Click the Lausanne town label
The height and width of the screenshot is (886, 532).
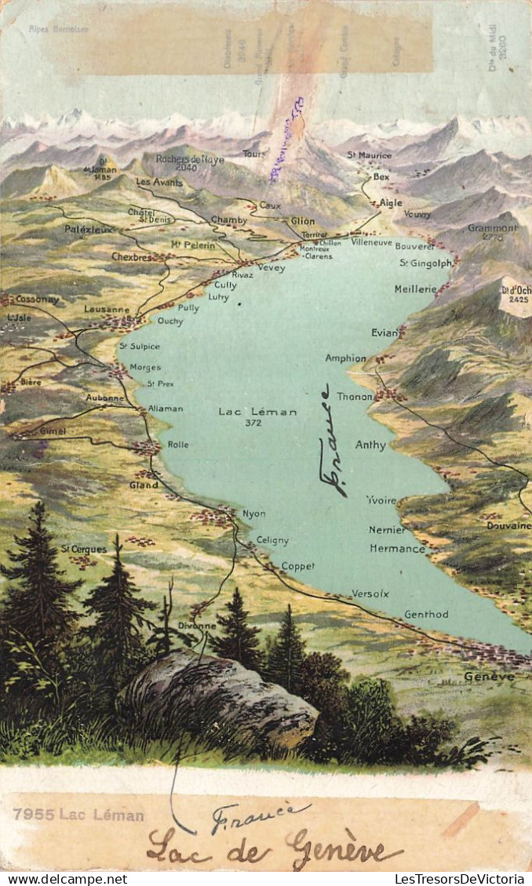[106, 309]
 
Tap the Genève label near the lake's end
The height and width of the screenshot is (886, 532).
[489, 676]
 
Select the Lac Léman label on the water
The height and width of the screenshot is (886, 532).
[257, 412]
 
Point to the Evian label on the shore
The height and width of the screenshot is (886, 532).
[384, 332]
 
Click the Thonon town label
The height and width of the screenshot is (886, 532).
[355, 397]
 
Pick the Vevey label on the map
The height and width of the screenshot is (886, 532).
[271, 267]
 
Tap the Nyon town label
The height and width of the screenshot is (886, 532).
[253, 514]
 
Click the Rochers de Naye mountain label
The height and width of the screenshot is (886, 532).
[189, 160]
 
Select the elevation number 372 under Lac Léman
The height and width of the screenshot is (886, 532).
[253, 423]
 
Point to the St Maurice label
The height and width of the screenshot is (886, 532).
[369, 155]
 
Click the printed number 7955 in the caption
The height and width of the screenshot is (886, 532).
[33, 815]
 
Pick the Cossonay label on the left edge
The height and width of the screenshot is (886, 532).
[37, 300]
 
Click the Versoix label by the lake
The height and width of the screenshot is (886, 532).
[370, 594]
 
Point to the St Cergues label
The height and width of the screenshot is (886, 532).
[83, 549]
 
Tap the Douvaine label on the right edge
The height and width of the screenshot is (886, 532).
[508, 525]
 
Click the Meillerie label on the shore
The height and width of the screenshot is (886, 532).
[415, 289]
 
